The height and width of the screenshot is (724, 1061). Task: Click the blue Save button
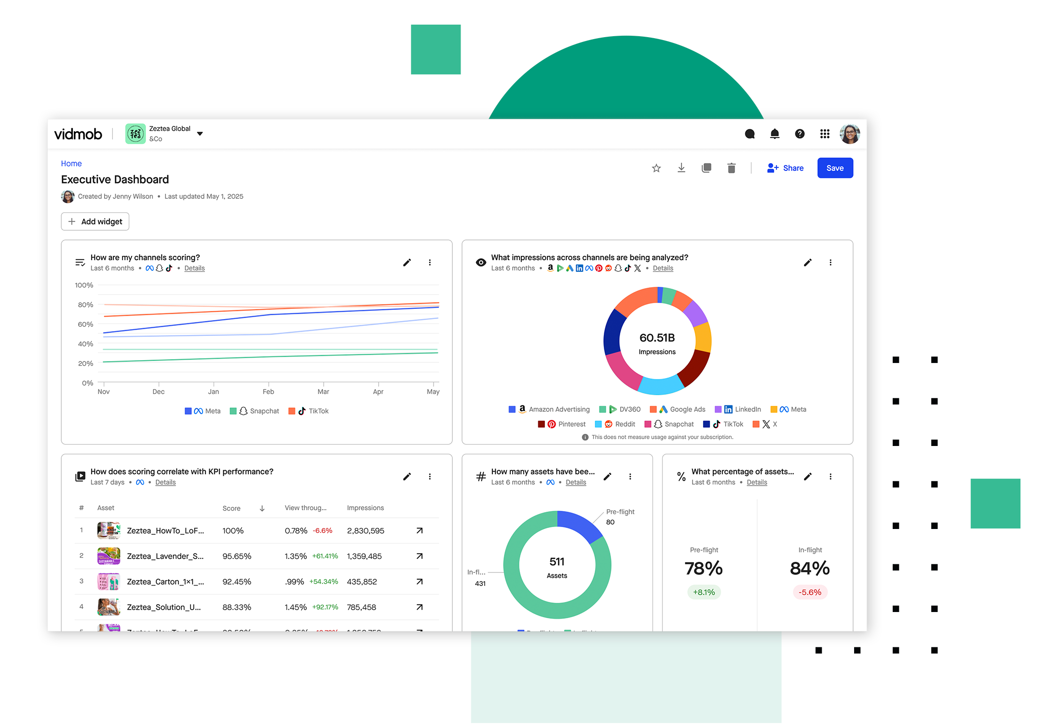[835, 168]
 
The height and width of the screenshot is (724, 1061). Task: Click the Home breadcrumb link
[71, 164]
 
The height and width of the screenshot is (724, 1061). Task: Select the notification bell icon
[775, 134]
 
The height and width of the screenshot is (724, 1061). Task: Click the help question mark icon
[800, 134]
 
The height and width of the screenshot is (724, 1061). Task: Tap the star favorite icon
[656, 168]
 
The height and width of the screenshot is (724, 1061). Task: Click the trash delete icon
[731, 168]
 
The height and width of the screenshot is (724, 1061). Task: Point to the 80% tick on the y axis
[85, 305]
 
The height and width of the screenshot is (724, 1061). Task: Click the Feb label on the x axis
[268, 391]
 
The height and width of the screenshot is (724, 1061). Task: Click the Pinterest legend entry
[567, 424]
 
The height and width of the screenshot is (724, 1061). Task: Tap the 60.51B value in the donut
[657, 338]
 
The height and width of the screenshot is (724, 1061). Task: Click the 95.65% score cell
[237, 556]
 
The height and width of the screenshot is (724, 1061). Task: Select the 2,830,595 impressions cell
[366, 530]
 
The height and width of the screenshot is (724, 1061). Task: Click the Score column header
[231, 508]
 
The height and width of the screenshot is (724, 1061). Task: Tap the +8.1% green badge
[704, 592]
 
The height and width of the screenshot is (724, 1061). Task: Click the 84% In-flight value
[810, 568]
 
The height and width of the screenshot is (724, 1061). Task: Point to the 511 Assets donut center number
[557, 561]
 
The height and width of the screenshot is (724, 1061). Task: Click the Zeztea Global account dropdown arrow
[200, 134]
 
